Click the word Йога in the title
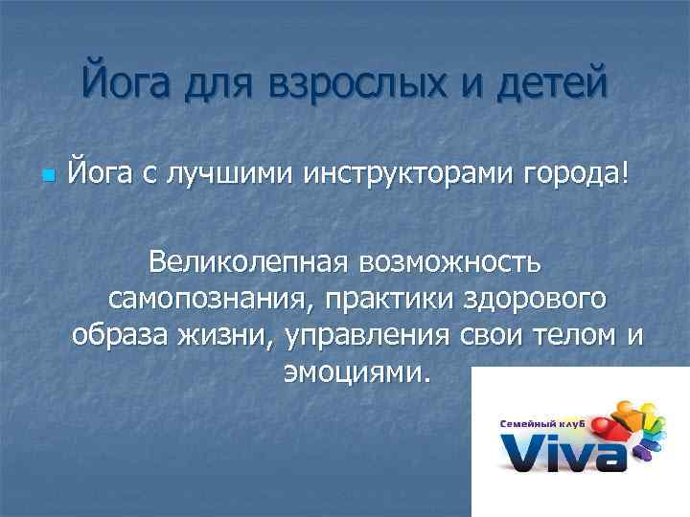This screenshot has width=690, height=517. (x=129, y=79)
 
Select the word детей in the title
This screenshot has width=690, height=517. (x=553, y=79)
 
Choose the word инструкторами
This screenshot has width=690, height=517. (x=412, y=174)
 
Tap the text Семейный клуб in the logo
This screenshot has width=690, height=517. (x=540, y=421)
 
